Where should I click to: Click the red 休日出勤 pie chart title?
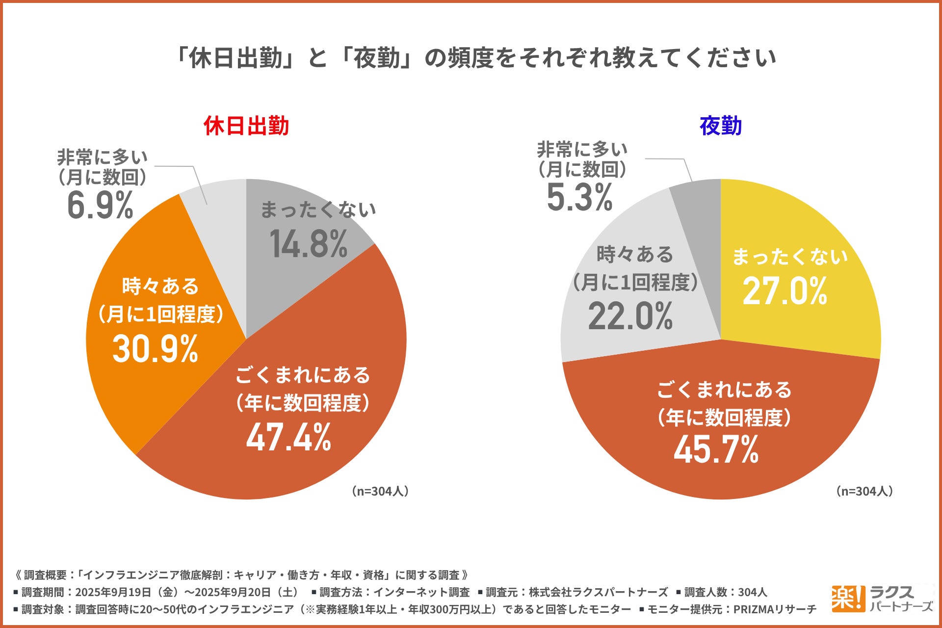(246, 126)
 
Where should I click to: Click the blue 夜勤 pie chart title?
(720, 126)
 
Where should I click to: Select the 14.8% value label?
(309, 244)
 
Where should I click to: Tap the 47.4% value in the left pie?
(288, 437)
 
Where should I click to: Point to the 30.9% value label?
(155, 349)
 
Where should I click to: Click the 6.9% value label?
(100, 205)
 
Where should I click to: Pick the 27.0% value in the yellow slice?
(785, 291)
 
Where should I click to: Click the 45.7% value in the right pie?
(716, 449)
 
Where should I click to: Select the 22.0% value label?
(630, 316)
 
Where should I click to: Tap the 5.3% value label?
(579, 198)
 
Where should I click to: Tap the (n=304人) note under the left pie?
(380, 491)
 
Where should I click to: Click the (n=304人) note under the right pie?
(864, 491)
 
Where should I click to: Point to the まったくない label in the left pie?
(318, 210)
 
